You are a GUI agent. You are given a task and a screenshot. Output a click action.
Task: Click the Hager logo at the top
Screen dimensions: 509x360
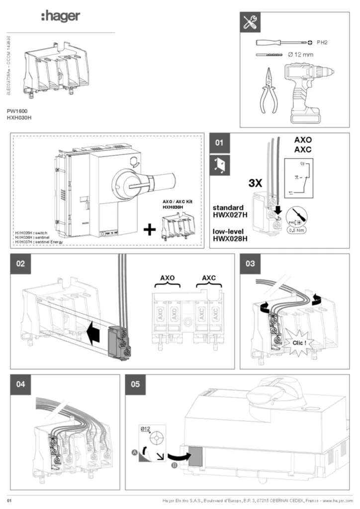(x=60, y=17)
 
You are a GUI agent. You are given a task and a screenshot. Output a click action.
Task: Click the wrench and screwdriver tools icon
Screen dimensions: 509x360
(x=250, y=22)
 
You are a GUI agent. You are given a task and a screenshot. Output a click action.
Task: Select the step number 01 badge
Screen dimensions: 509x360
(x=220, y=144)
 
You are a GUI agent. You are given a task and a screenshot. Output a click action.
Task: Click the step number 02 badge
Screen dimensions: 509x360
(x=20, y=263)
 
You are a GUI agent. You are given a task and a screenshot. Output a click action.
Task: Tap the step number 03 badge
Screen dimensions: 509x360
(x=250, y=263)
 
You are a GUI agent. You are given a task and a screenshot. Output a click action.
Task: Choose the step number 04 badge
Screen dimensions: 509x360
(x=20, y=384)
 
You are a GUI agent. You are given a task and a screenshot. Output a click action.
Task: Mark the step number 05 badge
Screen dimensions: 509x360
(x=135, y=384)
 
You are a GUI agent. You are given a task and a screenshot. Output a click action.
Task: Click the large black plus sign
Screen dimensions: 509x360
(x=149, y=230)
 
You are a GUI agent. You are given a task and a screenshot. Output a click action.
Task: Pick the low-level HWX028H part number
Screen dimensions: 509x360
(x=230, y=239)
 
